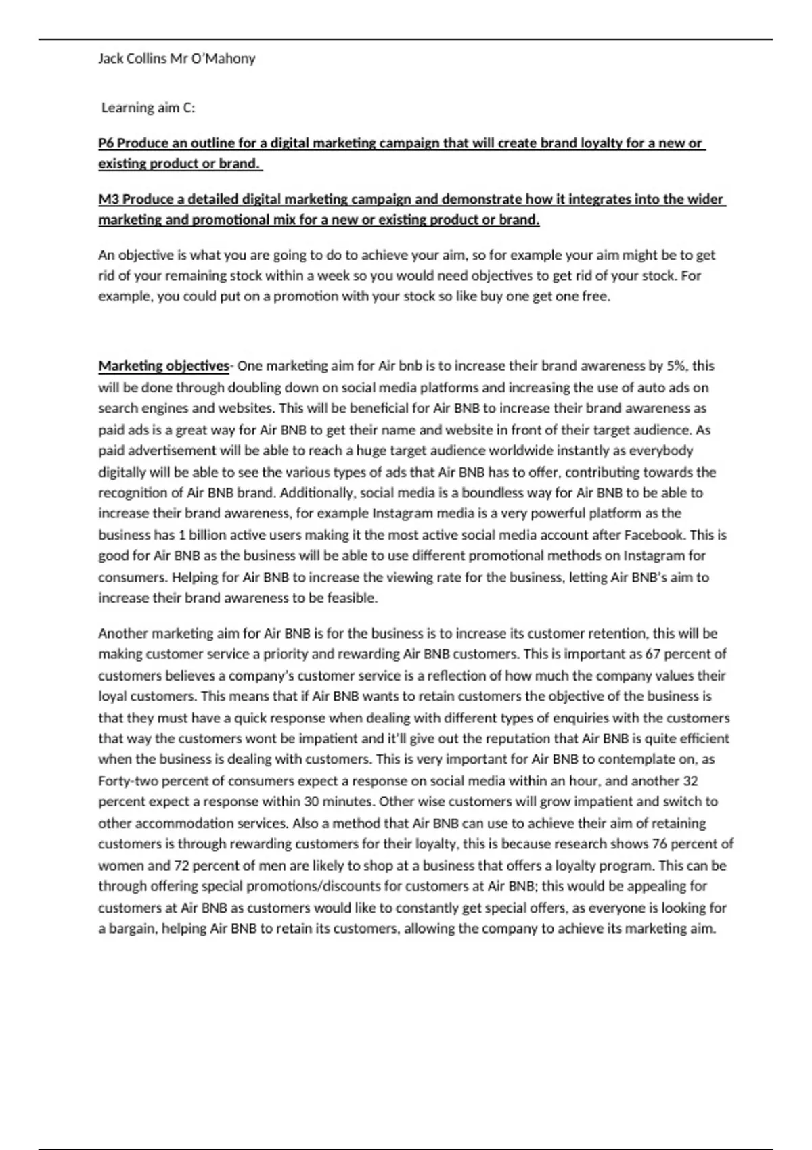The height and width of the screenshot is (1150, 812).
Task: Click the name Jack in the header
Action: pos(111,59)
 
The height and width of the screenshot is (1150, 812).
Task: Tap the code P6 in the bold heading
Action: pos(106,143)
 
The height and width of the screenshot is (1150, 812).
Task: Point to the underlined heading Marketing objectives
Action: pos(164,366)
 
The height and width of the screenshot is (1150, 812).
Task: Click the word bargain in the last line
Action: pos(132,929)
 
